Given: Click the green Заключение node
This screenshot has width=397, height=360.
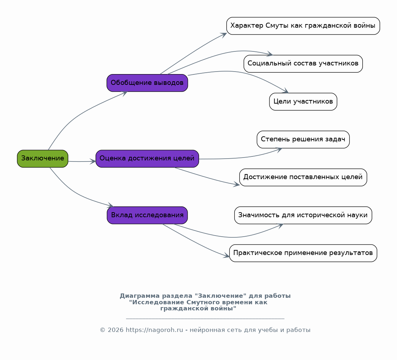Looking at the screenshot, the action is coord(42,159).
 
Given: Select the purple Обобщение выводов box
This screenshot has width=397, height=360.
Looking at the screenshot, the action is coord(147,83).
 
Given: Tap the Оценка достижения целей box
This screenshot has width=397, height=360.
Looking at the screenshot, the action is coord(147,159).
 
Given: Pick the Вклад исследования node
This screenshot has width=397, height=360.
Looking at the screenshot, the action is coord(147,215).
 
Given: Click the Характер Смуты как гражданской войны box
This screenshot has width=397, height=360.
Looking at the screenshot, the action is coord(303,26).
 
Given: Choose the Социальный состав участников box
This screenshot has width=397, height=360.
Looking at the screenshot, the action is coord(303,64).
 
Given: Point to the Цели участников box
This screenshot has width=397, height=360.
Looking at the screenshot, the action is coord(303,102).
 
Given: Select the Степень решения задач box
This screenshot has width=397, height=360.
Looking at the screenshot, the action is coord(303,140).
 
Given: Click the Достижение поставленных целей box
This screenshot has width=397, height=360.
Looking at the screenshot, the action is coord(303,177).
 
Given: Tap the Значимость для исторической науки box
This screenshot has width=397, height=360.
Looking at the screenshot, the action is coord(303,215).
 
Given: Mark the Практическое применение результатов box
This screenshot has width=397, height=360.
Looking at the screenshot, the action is coord(303,253).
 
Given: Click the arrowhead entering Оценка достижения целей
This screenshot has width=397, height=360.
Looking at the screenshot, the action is coord(93,161).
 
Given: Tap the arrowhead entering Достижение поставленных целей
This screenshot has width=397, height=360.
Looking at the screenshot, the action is coord(236,184).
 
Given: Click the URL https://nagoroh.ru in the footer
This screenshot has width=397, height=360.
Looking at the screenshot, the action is coord(154,330).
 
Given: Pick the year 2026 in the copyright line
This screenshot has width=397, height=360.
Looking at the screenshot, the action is coord(115,330).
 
